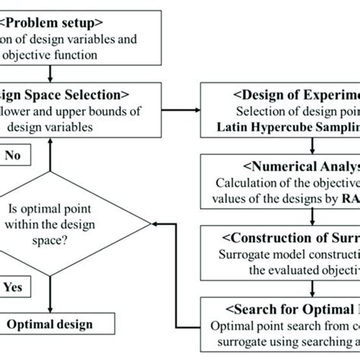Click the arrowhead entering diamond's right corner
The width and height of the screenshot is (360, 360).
pos(156,223)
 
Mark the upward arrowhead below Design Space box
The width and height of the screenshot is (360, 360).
pos(49,144)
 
